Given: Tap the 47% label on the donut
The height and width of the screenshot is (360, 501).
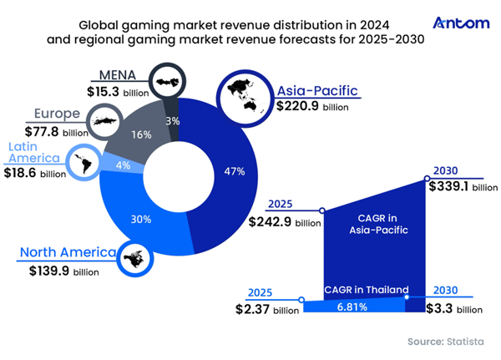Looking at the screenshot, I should (x=235, y=171).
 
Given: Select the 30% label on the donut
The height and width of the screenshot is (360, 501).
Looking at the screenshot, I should (x=141, y=219).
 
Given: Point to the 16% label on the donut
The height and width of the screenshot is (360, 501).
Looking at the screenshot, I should (x=140, y=134).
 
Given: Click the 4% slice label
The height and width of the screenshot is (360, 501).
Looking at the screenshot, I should (x=123, y=165).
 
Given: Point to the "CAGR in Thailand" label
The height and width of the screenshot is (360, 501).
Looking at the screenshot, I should (x=366, y=290).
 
